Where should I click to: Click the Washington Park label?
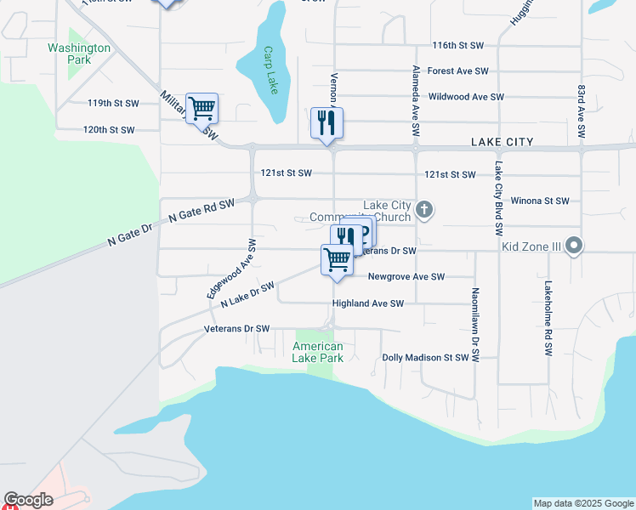point(79,54)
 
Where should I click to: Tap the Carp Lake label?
point(270,63)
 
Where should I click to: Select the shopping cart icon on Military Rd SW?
point(202,109)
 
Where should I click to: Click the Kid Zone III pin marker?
point(574,246)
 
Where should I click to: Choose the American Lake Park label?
point(318,352)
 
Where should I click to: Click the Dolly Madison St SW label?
point(425,358)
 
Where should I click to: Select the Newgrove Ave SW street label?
point(406,276)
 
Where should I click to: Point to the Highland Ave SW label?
point(367,303)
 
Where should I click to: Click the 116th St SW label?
point(457,45)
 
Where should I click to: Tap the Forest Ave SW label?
point(457,71)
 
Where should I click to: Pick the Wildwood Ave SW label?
point(466,98)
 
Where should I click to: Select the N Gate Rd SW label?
point(201,212)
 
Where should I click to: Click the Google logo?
point(29,500)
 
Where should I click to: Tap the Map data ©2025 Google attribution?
point(583,503)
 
